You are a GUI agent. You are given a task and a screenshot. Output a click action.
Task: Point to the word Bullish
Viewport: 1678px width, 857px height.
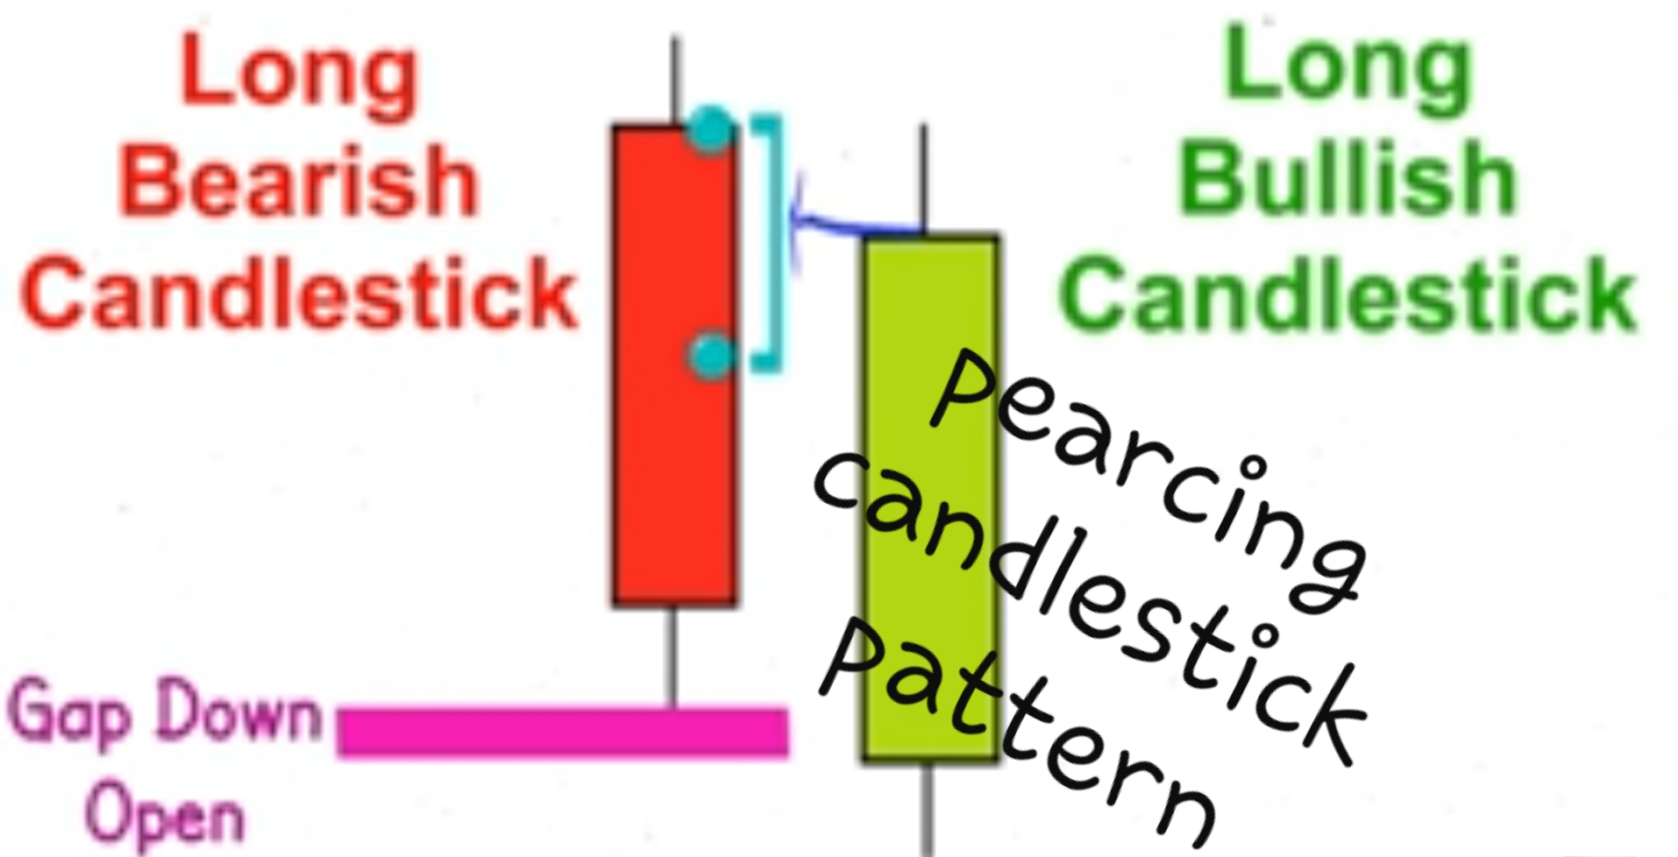(1347, 181)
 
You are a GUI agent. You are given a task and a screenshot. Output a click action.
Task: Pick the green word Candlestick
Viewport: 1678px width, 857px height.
(1347, 292)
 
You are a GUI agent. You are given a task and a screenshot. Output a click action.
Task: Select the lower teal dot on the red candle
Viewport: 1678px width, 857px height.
(710, 356)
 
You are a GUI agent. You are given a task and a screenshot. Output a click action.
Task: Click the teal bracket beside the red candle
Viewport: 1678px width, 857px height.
(771, 245)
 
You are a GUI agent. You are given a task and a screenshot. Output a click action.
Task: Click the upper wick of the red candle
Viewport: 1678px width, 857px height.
(674, 79)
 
